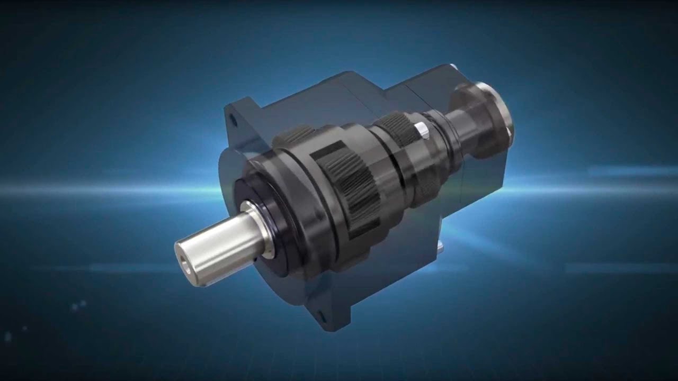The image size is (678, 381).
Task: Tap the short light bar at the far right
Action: point(630,170)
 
